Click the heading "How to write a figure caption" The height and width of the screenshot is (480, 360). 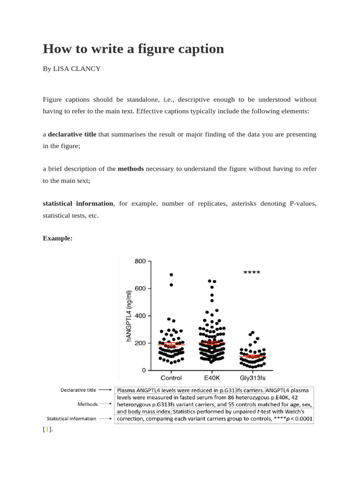pyautogui.click(x=133, y=49)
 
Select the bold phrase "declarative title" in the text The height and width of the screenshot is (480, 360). pyautogui.click(x=72, y=135)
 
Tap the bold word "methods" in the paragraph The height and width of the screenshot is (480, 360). pyautogui.click(x=131, y=169)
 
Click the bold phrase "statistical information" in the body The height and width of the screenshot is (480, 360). pyautogui.click(x=78, y=203)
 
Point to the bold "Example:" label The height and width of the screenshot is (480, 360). pyautogui.click(x=58, y=238)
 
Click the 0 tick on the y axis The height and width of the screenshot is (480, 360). pyautogui.click(x=143, y=370)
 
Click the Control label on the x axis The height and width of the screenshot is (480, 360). pyautogui.click(x=171, y=378)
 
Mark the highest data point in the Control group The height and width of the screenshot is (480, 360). pyautogui.click(x=171, y=275)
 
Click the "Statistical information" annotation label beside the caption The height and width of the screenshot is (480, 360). pyautogui.click(x=71, y=419)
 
